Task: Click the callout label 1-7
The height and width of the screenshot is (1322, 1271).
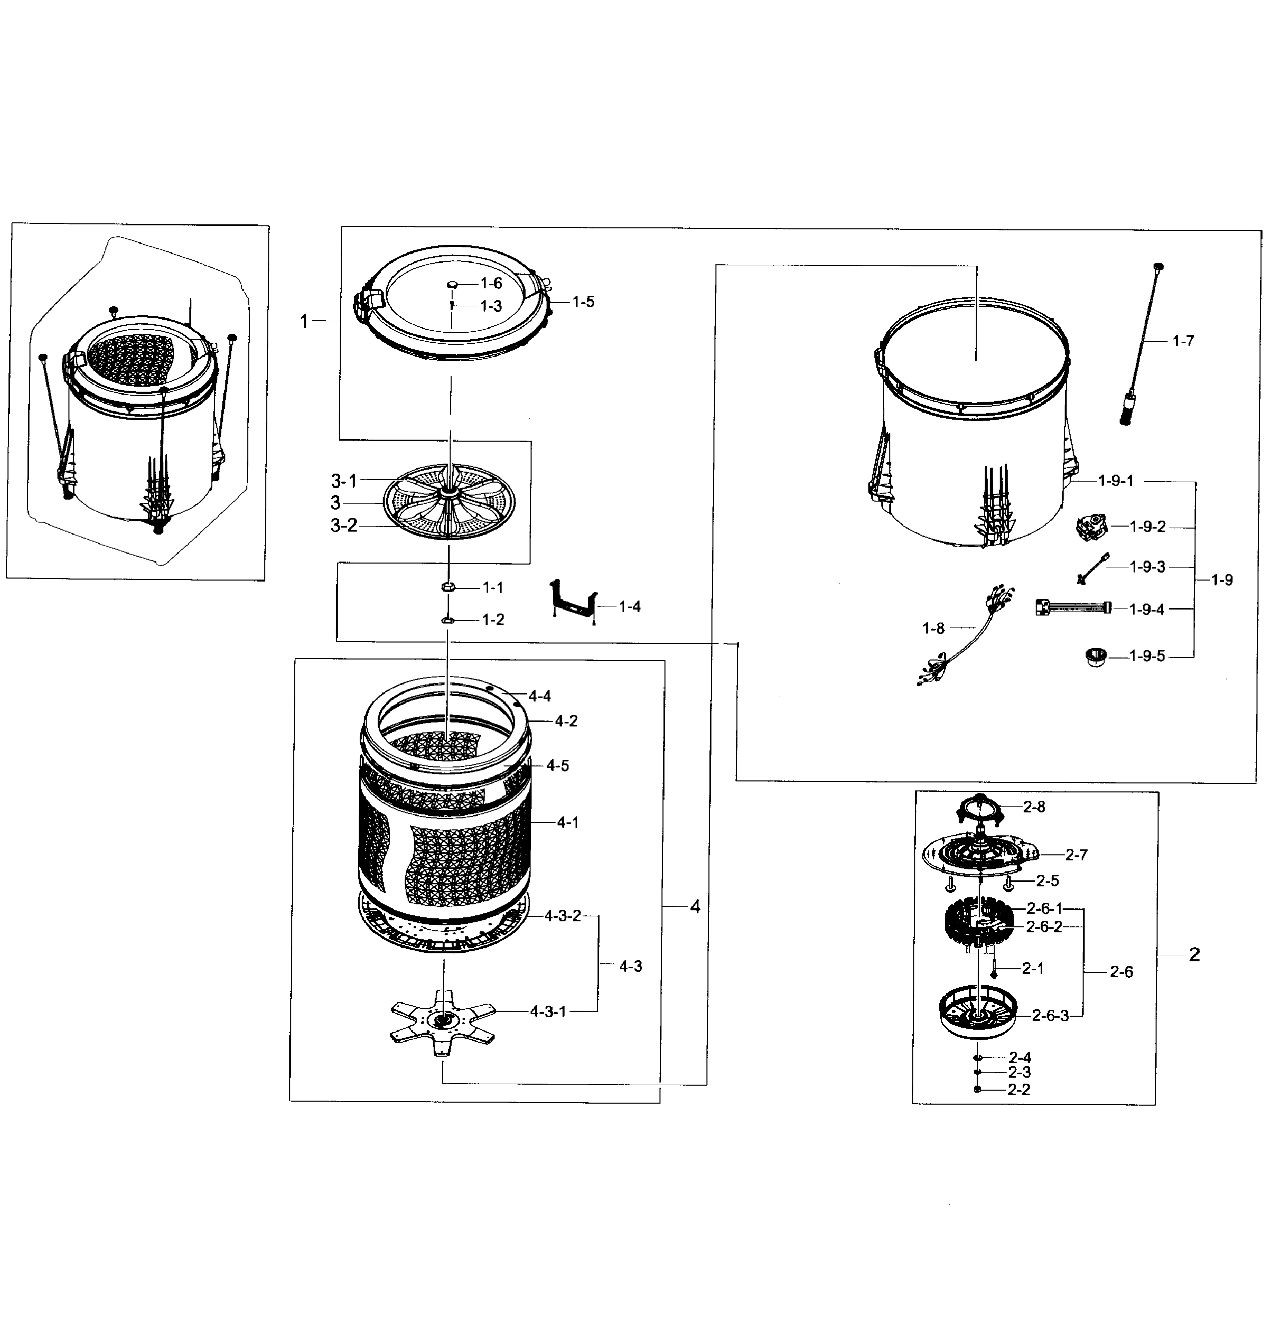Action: click(x=1183, y=341)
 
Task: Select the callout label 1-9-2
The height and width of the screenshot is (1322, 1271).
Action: click(x=1148, y=527)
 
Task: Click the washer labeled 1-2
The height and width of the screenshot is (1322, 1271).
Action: click(x=447, y=619)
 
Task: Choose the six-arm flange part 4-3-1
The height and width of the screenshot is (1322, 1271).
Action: click(x=442, y=1021)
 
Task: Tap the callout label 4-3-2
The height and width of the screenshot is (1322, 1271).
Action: click(x=563, y=916)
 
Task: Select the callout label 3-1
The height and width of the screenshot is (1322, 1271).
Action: click(x=343, y=481)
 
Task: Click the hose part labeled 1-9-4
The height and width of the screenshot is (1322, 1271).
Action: click(x=1073, y=608)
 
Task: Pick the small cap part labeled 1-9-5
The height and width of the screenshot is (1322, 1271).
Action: click(x=1096, y=656)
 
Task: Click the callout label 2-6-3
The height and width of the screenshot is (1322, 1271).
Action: click(x=1050, y=1016)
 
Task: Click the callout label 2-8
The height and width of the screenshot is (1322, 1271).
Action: click(x=1034, y=807)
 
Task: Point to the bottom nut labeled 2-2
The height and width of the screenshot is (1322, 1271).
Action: click(x=978, y=1089)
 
